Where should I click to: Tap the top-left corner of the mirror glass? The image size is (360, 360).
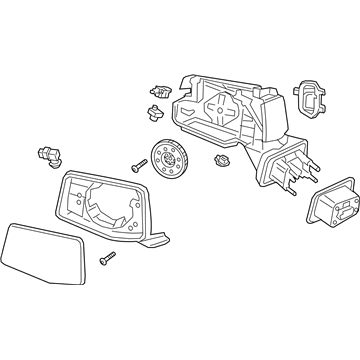click(x=11, y=225)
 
